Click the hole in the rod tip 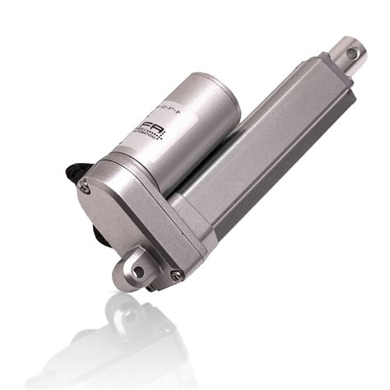pos(353,53)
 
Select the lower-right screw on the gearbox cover pos(175,274)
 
